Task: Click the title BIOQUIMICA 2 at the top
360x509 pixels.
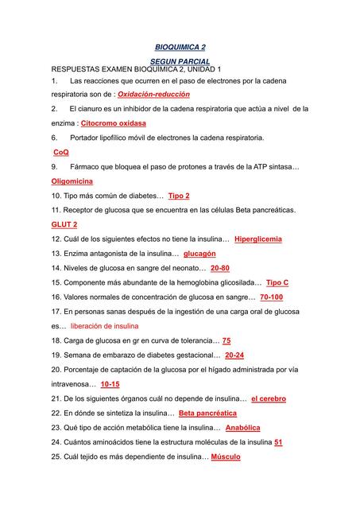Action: [180, 48]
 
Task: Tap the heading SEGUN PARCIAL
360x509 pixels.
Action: [180, 61]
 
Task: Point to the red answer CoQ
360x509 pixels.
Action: [60, 152]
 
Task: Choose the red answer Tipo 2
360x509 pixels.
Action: [179, 196]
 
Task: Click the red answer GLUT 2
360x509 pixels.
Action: [64, 224]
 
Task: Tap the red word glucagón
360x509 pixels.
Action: [199, 254]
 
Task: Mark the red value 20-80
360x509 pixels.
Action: [220, 268]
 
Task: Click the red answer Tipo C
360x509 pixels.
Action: [277, 282]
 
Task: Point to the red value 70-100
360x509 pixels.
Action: [272, 297]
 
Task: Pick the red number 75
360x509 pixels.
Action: [226, 340]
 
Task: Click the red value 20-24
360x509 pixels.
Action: [234, 356]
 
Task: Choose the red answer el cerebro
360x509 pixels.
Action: [269, 398]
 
